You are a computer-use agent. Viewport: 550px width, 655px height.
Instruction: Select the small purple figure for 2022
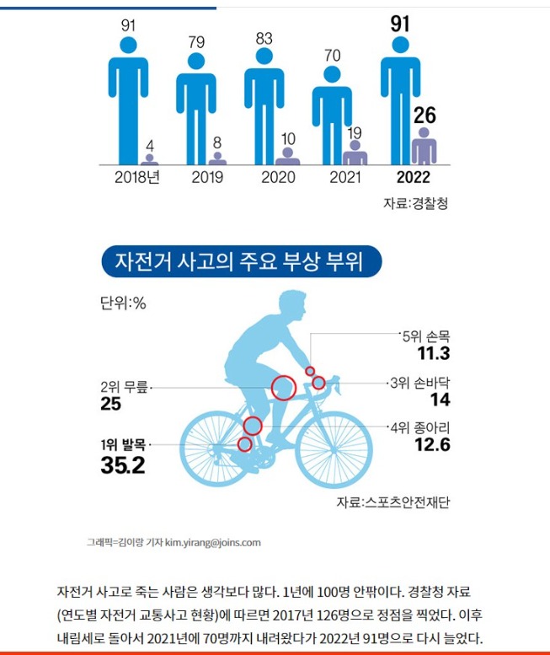point(424,146)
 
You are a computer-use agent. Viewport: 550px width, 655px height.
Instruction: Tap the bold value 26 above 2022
point(425,115)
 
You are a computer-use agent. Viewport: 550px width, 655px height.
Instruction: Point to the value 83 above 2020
point(264,39)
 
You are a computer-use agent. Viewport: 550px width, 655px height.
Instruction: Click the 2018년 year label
point(137,177)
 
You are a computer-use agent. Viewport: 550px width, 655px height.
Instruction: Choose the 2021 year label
point(345,177)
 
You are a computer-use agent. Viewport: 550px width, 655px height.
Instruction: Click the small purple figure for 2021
point(355,153)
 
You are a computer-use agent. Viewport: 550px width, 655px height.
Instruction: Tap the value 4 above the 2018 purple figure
point(150,146)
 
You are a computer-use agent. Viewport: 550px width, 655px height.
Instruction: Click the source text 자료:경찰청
point(415,203)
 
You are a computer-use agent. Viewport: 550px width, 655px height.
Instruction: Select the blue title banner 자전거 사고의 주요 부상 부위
point(242,261)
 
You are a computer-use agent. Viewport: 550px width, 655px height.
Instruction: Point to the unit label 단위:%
point(123,303)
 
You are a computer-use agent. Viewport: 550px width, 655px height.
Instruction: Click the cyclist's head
point(292,305)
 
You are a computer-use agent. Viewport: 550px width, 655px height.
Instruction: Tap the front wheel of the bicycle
point(334,449)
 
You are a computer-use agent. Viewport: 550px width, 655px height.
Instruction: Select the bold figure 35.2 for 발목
point(123,465)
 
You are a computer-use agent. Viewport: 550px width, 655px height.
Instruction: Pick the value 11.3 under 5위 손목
point(434,353)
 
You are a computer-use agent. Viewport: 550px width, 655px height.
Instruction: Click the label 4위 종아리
point(420,427)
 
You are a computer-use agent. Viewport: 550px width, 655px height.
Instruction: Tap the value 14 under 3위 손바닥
point(441,400)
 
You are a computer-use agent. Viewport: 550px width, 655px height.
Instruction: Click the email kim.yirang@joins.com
point(213,543)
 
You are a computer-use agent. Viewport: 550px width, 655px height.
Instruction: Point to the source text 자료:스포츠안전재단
point(393,502)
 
